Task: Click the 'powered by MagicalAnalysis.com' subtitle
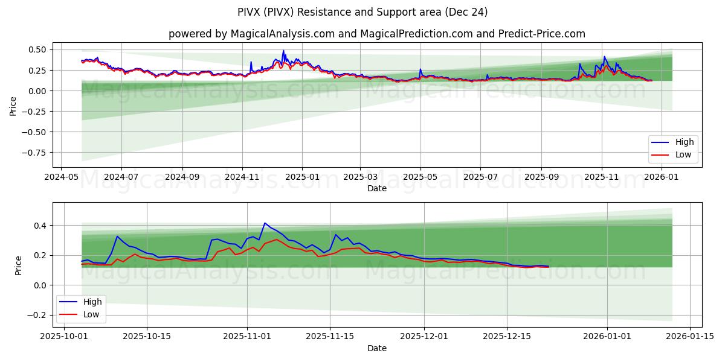[377, 34]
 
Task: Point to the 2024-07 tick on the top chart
[121, 177]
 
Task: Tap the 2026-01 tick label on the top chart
[662, 177]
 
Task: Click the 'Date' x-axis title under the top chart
[377, 188]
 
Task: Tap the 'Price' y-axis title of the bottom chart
[18, 265]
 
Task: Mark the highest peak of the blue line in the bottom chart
[265, 223]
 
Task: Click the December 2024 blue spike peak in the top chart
[283, 51]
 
